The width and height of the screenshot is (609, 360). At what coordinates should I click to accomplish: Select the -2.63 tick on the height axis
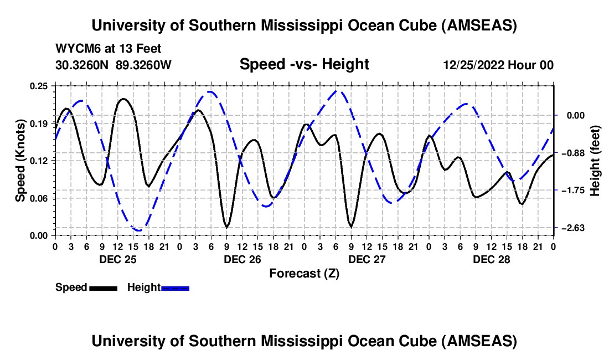pos(570,228)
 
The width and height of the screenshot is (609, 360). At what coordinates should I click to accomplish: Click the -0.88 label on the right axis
pos(570,153)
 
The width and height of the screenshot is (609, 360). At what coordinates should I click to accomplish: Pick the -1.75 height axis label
pos(570,190)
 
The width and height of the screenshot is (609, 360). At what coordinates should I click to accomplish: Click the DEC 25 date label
pos(117,259)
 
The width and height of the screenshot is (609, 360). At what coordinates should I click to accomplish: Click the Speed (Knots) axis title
pos(20,160)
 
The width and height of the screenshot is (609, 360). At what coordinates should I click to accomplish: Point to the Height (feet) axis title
pos(595,160)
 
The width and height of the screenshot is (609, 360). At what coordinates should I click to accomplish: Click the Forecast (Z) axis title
pos(304,273)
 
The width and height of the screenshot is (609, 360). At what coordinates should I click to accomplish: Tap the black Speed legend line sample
pos(103,288)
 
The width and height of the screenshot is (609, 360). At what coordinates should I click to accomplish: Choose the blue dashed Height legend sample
pos(175,288)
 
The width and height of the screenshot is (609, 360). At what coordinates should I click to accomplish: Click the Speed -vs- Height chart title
pos(304,64)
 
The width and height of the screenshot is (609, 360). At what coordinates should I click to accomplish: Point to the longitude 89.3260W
pos(144,65)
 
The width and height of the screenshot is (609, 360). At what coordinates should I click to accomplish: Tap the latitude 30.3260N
pos(82,65)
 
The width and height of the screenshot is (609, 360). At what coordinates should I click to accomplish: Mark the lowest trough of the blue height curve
pos(138,230)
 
